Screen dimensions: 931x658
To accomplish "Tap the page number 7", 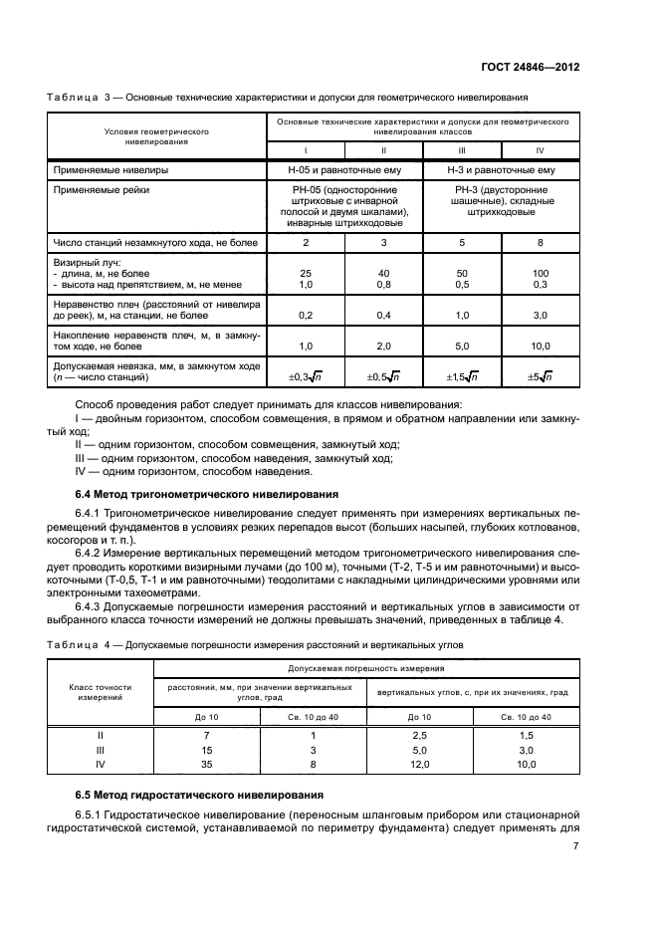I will click(x=575, y=846).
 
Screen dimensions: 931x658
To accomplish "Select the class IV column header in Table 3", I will click(x=541, y=149).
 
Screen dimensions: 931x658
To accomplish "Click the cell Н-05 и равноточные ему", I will click(x=344, y=170).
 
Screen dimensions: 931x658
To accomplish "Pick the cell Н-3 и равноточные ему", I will click(x=502, y=170).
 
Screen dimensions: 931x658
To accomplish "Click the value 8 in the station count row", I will click(x=541, y=242).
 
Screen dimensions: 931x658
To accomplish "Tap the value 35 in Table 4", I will click(x=207, y=764).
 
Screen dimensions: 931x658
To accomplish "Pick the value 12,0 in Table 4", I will click(x=419, y=764).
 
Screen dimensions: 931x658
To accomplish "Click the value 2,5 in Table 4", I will click(x=419, y=735).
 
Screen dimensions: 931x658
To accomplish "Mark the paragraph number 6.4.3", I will click(x=92, y=605).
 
